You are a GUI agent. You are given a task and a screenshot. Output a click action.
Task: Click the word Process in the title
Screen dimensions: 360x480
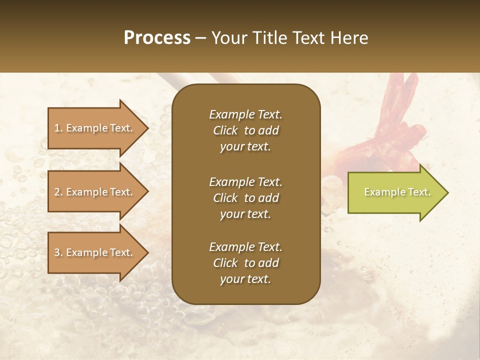[x=157, y=38]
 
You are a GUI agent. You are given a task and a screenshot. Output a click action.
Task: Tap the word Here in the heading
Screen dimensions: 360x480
[x=348, y=38]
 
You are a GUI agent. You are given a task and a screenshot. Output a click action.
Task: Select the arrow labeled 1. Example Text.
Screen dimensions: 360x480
[x=95, y=128]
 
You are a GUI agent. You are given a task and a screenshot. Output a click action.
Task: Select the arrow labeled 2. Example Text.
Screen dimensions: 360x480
[x=95, y=192]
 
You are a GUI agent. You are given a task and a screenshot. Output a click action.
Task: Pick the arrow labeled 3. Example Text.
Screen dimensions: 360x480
[x=95, y=252]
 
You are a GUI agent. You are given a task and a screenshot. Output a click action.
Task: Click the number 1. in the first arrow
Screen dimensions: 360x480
[x=58, y=128]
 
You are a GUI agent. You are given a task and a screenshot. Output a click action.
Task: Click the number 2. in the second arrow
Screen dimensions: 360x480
[x=58, y=192]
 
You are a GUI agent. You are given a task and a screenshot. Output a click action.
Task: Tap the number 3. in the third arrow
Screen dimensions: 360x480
[x=58, y=252]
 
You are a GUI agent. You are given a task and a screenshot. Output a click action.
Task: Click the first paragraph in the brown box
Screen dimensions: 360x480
[x=245, y=130]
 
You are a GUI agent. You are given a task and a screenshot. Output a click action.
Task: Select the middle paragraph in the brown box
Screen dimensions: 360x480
[x=245, y=197]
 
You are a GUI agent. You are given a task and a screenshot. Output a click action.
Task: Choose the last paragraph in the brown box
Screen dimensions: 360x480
[x=245, y=263]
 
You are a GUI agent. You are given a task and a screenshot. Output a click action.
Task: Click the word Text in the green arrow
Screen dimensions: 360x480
[x=419, y=192]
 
